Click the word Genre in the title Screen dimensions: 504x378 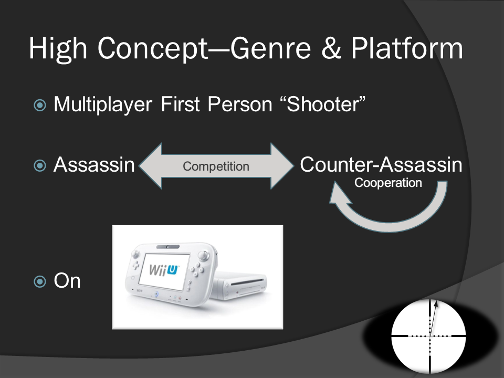pyautogui.click(x=271, y=48)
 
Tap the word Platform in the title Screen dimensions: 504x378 pyautogui.click(x=406, y=48)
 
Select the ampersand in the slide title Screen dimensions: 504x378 pyautogui.click(x=331, y=48)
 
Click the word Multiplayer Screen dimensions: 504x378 pyautogui.click(x=103, y=104)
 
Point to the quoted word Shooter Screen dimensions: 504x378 pyautogui.click(x=323, y=104)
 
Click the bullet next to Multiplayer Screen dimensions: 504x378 pyautogui.click(x=40, y=105)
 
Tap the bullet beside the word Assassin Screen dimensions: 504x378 pyautogui.click(x=40, y=165)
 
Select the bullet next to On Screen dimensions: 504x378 pyautogui.click(x=40, y=281)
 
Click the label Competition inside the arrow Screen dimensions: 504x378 pyautogui.click(x=216, y=166)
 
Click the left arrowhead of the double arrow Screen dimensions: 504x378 pyautogui.click(x=151, y=166)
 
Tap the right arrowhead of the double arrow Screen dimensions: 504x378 pyautogui.click(x=282, y=166)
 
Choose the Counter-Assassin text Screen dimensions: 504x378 pyautogui.click(x=381, y=164)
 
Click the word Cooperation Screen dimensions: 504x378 pyautogui.click(x=388, y=183)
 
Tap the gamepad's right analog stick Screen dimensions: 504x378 pyautogui.click(x=203, y=256)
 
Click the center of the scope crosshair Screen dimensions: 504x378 pyautogui.click(x=430, y=336)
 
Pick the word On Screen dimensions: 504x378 pyautogui.click(x=67, y=281)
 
